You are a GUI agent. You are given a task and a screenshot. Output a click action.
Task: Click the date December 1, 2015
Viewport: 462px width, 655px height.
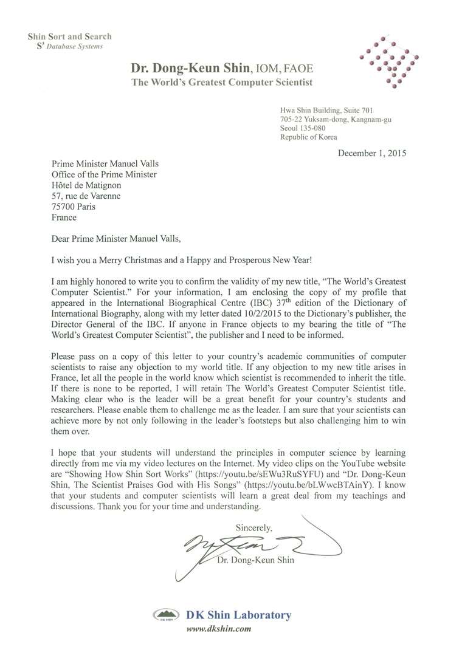[x=371, y=153]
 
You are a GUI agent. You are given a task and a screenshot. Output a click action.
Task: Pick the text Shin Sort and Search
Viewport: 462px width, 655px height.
[x=69, y=36]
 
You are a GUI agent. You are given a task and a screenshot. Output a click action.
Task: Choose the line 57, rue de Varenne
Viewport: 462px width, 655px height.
[x=86, y=196]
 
